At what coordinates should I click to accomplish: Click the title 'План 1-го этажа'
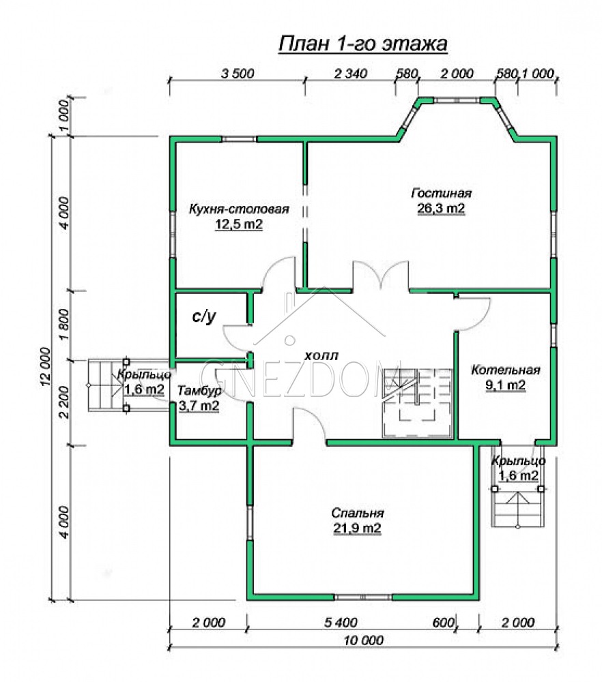click(362, 44)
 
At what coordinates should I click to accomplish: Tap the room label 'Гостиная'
click(441, 193)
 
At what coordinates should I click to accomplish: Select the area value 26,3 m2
click(441, 209)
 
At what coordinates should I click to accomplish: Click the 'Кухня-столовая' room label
click(239, 209)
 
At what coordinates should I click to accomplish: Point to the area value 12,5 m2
click(239, 224)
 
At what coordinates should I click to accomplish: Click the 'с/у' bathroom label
click(203, 316)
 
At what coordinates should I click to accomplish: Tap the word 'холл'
click(321, 356)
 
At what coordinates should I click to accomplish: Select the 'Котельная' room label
click(505, 370)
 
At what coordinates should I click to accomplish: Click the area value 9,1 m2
click(505, 385)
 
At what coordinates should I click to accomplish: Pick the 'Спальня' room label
click(358, 514)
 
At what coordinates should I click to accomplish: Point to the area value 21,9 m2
click(358, 529)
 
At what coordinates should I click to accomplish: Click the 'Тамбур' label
click(199, 391)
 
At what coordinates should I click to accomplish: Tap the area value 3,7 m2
click(199, 406)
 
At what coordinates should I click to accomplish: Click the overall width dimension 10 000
click(364, 640)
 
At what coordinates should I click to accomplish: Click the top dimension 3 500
click(238, 74)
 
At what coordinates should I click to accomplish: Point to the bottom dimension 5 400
click(341, 623)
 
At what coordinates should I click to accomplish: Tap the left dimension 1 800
click(63, 326)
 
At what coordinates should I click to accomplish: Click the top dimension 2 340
click(350, 74)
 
